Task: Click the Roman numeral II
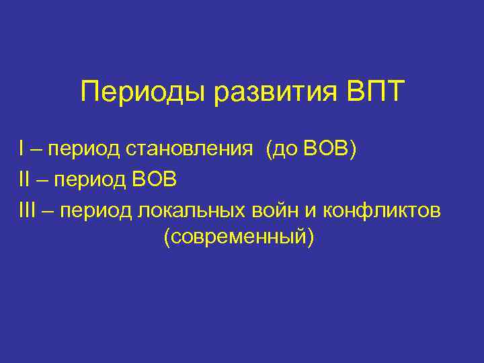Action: coord(26,179)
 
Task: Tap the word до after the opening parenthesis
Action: coord(287,150)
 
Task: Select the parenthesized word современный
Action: coord(238,237)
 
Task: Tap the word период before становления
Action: coord(85,150)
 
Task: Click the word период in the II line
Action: coord(92,180)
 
